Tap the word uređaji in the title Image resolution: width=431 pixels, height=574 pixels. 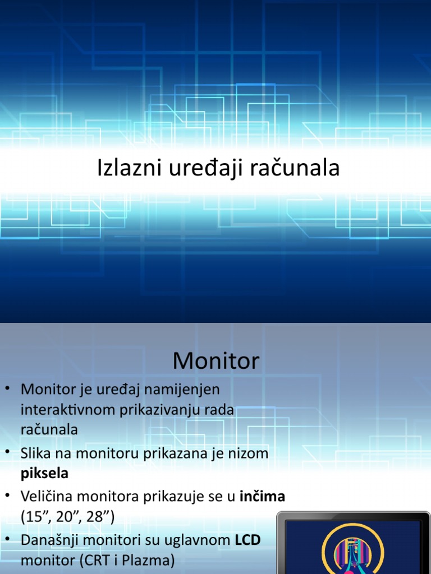click(x=191, y=168)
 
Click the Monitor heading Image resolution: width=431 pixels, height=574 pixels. click(x=216, y=360)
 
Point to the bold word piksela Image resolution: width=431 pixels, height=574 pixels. click(x=44, y=473)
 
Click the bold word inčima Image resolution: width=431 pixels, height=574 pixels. click(x=263, y=496)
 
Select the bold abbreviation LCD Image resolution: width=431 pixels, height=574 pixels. click(x=247, y=540)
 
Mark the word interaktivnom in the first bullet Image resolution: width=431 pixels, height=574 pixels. click(x=68, y=410)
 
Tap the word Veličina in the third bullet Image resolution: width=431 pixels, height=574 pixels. click(x=47, y=496)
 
